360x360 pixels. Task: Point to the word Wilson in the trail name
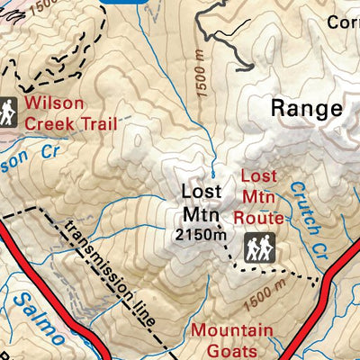[51, 103]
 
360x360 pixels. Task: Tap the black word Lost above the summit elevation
[200, 192]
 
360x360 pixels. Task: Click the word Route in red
[259, 218]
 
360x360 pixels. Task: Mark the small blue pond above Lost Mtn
[212, 174]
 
